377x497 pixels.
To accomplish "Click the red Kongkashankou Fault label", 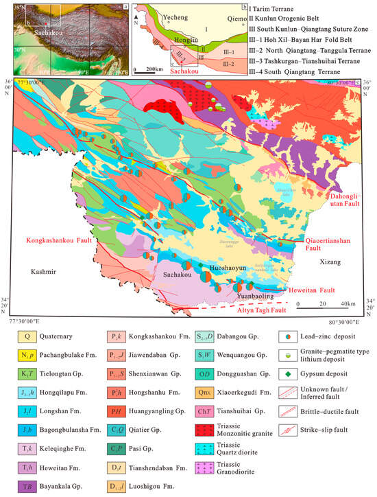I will tap(58, 241).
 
